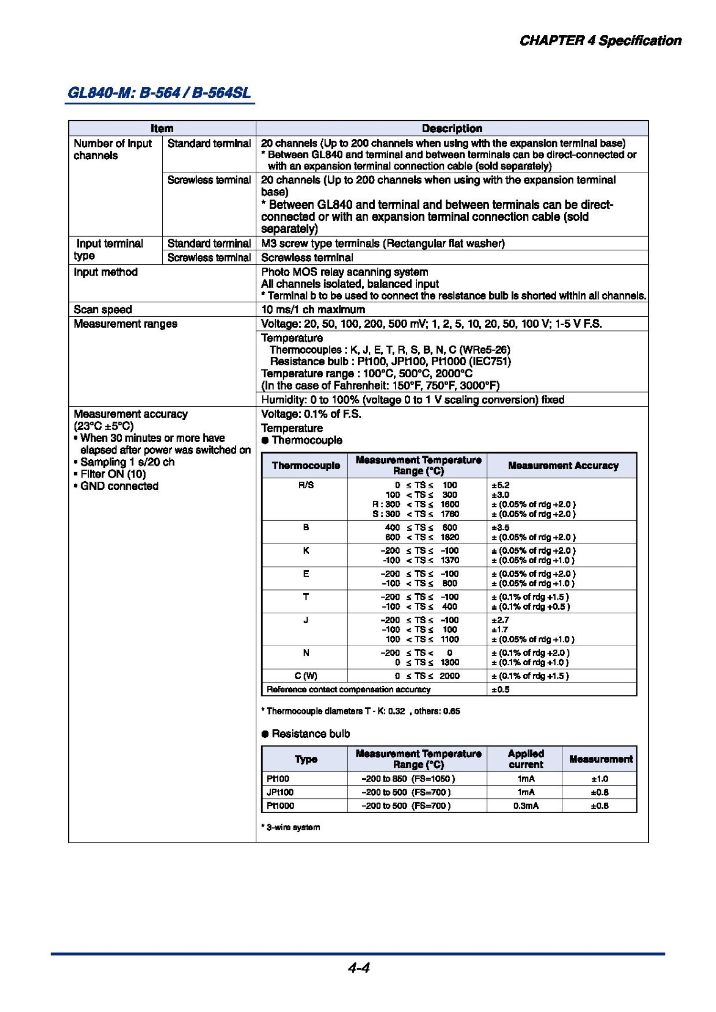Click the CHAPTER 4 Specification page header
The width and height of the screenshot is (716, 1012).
click(x=600, y=41)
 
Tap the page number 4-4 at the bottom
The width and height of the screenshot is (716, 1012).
click(x=358, y=968)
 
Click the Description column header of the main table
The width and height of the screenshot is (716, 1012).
click(x=452, y=128)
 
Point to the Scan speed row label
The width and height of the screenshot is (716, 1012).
click(x=103, y=310)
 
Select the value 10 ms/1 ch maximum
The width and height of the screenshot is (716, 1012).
click(x=313, y=310)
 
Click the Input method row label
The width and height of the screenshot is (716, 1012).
click(x=105, y=272)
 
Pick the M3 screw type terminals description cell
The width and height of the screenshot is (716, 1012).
click(x=382, y=243)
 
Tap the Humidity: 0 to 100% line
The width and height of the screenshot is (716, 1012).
click(x=412, y=400)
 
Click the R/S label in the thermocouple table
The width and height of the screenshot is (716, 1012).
click(x=305, y=485)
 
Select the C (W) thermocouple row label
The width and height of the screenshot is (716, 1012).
click(x=305, y=676)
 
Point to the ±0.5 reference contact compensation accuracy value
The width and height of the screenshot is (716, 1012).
click(x=500, y=690)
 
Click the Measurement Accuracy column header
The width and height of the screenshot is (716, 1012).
click(x=563, y=465)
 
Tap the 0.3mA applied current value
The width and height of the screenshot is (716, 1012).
click(x=526, y=805)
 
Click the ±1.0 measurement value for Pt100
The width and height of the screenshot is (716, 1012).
click(x=600, y=779)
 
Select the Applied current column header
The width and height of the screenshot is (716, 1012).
click(x=526, y=759)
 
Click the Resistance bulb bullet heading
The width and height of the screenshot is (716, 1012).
click(x=310, y=733)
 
